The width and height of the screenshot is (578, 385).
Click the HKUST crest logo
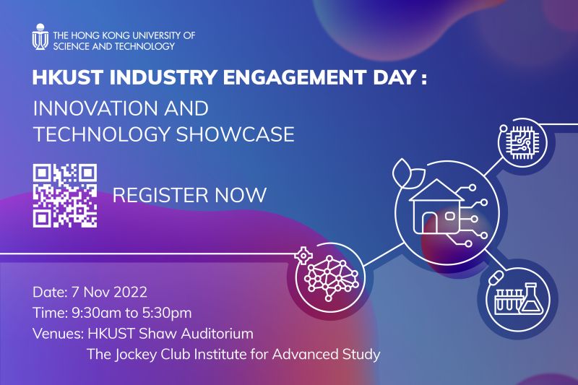(40, 37)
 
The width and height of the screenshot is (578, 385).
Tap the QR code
(65, 196)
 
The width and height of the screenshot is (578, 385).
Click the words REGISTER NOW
(189, 195)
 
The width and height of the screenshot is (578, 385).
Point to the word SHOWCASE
(236, 134)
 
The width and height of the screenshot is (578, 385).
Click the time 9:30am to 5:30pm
(131, 313)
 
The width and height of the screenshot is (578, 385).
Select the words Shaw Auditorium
(196, 334)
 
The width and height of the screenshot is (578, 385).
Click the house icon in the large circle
(437, 207)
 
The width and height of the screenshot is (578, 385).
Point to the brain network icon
(331, 279)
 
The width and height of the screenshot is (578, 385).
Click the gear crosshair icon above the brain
(303, 256)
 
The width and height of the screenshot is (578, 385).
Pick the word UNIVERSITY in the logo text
(157, 35)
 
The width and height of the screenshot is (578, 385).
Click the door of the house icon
(429, 224)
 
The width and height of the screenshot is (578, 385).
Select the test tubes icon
(508, 300)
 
